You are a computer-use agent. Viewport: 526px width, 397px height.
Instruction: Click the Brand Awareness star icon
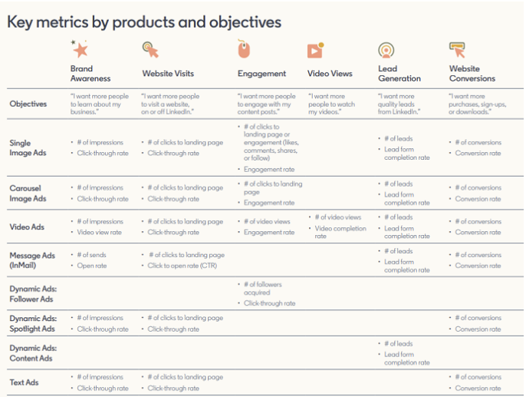click(80, 50)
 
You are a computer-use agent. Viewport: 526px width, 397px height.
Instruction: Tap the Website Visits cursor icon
click(151, 50)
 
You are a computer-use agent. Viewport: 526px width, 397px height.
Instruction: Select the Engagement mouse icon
click(244, 49)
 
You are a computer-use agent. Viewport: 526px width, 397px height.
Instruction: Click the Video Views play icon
click(315, 50)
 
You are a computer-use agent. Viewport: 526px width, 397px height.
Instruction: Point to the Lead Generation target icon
click(387, 50)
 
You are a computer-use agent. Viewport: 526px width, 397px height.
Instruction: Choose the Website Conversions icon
click(458, 50)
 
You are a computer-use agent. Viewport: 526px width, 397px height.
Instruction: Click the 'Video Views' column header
click(330, 74)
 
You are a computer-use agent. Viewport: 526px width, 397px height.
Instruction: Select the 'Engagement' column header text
click(261, 74)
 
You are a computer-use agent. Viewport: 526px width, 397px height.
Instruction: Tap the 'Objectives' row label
click(28, 104)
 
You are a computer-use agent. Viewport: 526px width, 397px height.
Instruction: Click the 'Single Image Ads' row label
click(28, 147)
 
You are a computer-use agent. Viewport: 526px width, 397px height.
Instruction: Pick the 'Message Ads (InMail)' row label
click(31, 260)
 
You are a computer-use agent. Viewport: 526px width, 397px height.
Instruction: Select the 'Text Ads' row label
click(24, 382)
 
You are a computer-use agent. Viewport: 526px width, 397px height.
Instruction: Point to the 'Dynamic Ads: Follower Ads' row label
click(32, 294)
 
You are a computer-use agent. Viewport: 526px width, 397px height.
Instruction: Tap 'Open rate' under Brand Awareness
click(92, 266)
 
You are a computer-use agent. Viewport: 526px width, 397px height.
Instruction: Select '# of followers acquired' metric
click(265, 288)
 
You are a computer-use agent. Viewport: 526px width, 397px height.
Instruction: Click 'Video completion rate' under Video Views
click(340, 232)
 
